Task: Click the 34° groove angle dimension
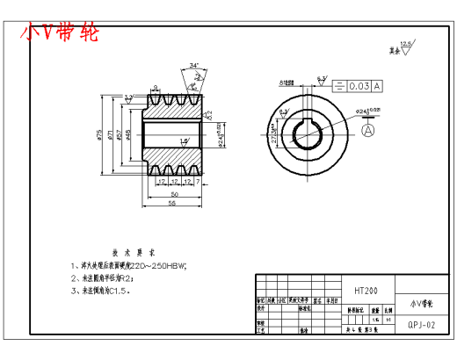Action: (193, 65)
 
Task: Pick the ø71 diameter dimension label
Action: (110, 133)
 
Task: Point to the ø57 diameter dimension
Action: (120, 133)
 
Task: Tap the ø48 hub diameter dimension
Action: (129, 133)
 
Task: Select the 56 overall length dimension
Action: (172, 203)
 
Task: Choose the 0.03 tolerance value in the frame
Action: (359, 86)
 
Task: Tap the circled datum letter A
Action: (367, 129)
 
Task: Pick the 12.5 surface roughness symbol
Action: (405, 46)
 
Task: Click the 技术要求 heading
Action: (127, 250)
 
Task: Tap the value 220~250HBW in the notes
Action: (163, 264)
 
